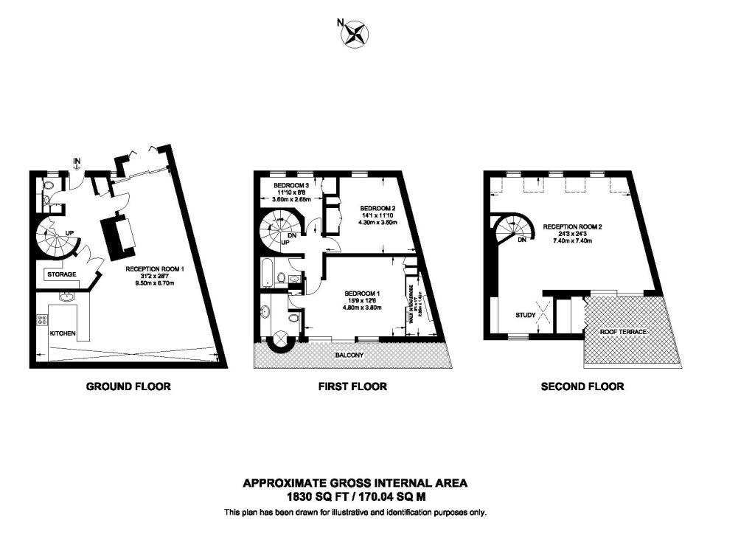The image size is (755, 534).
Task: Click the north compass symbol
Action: [355, 33]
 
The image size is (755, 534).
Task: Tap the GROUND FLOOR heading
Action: [128, 386]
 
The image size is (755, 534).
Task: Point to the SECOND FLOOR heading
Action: [582, 386]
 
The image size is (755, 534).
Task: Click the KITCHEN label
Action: [63, 334]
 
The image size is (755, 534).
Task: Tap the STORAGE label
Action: [62, 274]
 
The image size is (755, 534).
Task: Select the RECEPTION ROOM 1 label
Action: [155, 269]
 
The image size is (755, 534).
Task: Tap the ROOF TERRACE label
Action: [623, 333]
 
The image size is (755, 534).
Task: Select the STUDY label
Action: [525, 315]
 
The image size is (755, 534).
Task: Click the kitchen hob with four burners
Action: [42, 321]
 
